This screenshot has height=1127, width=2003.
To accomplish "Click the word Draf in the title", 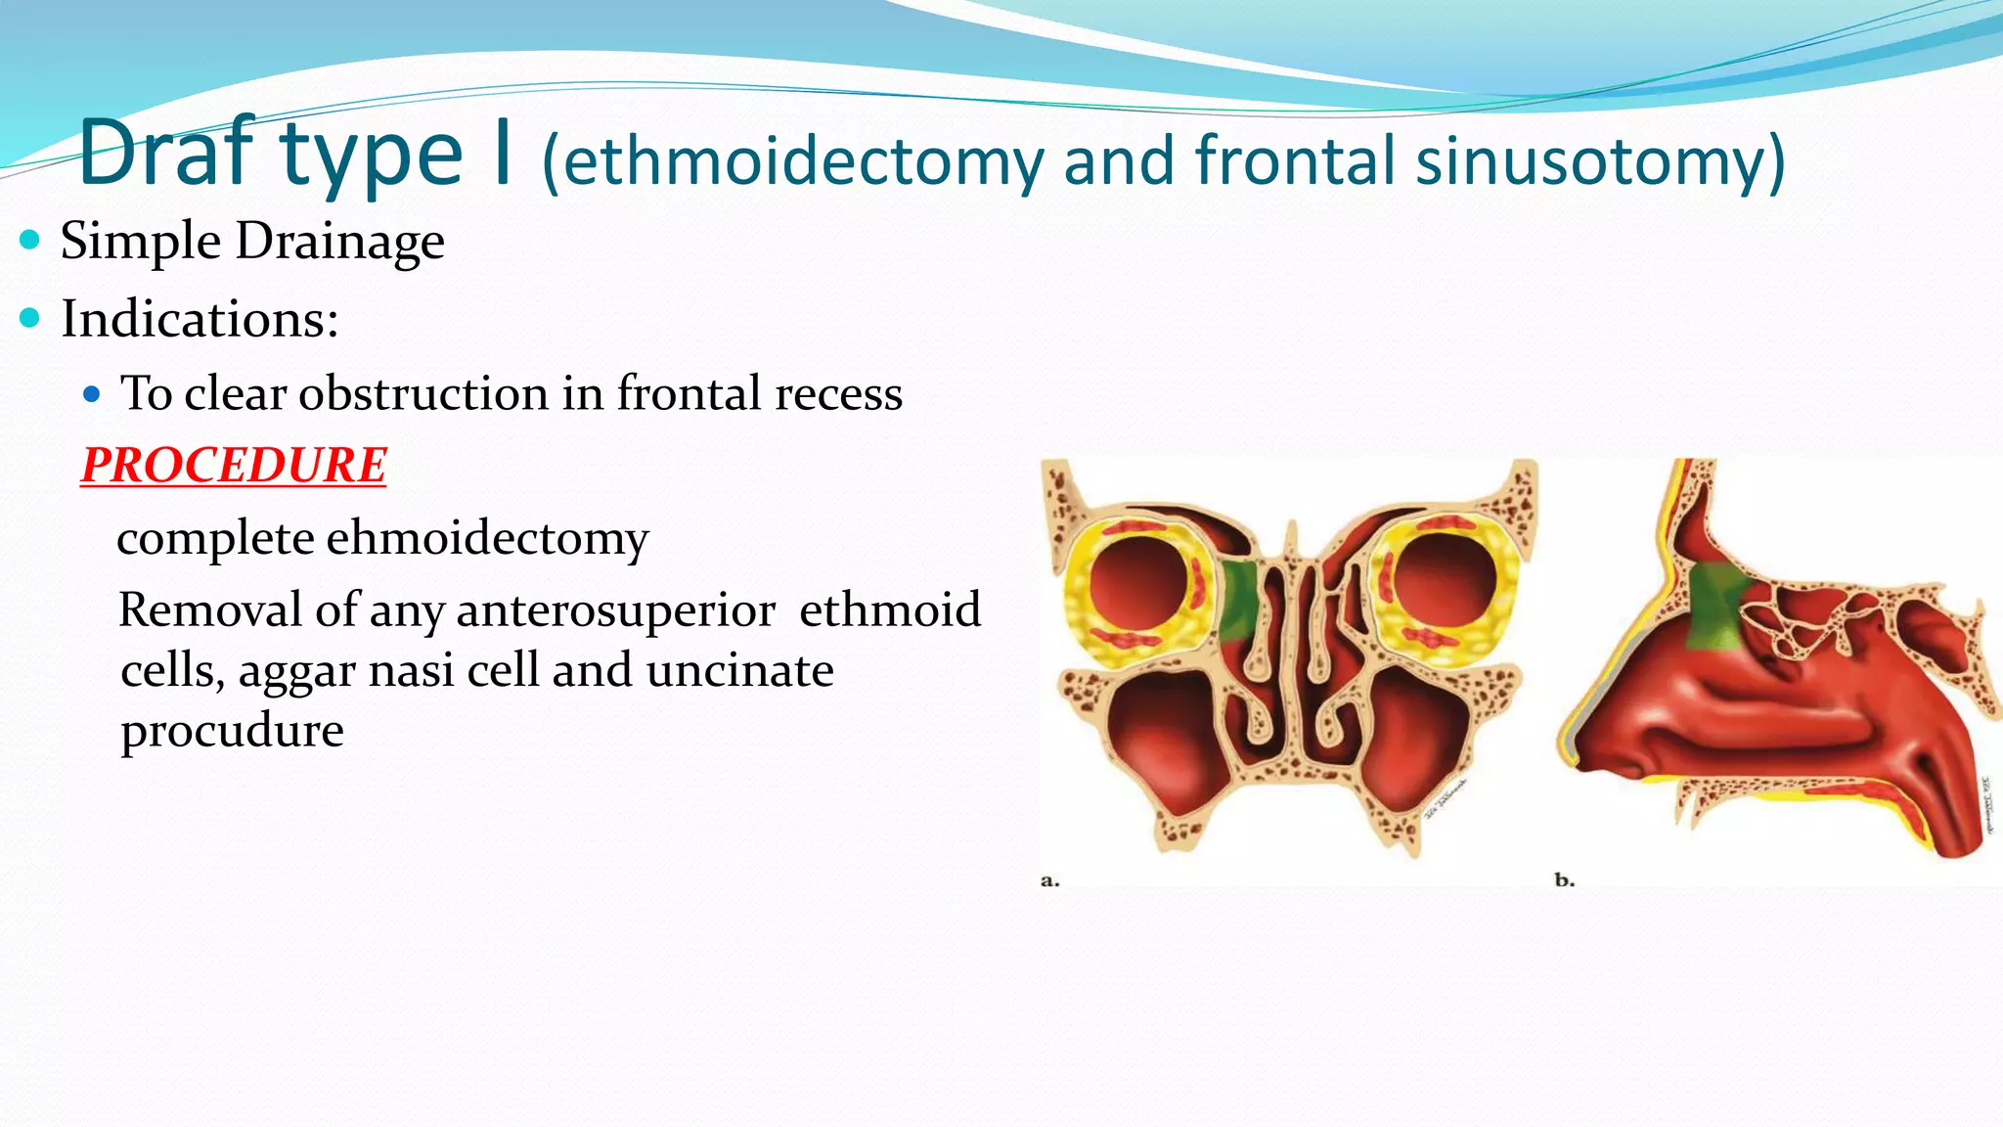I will (166, 154).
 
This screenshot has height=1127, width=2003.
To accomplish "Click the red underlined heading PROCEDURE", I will (234, 465).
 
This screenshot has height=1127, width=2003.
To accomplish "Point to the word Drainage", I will (339, 242).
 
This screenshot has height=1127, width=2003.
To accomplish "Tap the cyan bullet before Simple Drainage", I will (30, 240).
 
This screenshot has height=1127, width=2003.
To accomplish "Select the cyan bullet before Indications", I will (30, 318).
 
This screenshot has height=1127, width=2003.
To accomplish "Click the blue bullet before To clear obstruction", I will (92, 394).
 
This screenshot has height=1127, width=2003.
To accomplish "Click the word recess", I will (838, 393).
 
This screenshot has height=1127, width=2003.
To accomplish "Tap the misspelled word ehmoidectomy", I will (487, 538).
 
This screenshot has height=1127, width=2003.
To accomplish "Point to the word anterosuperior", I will (615, 610).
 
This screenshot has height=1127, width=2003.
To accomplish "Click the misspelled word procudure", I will (232, 731).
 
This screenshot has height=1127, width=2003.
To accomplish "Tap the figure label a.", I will (1049, 880).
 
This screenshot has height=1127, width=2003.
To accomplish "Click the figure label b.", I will (1564, 880).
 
